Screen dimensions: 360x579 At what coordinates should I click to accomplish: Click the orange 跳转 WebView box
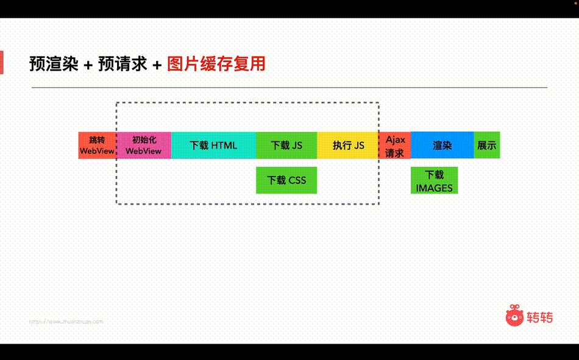pyautogui.click(x=97, y=145)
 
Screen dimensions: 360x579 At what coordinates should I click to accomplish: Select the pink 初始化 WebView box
pyautogui.click(x=144, y=145)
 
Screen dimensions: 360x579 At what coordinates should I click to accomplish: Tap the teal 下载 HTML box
pyautogui.click(x=213, y=145)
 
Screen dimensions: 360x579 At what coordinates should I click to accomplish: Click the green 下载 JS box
pyautogui.click(x=286, y=145)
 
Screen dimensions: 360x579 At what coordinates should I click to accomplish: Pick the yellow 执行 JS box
pyautogui.click(x=348, y=145)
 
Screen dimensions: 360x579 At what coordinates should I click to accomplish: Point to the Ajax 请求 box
pyautogui.click(x=395, y=146)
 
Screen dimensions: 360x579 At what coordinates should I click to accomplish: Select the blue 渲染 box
pyautogui.click(x=442, y=145)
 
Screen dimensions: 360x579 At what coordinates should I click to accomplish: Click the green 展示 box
pyautogui.click(x=486, y=145)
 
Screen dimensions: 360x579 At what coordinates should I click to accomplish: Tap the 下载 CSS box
pyautogui.click(x=286, y=180)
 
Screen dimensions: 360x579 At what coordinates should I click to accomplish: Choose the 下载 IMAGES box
pyautogui.click(x=434, y=181)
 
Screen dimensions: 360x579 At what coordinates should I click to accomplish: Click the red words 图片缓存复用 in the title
pyautogui.click(x=216, y=64)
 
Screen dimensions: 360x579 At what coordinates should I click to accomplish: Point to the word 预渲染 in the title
pyautogui.click(x=54, y=64)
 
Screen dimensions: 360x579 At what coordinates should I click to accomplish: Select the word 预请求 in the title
pyautogui.click(x=123, y=64)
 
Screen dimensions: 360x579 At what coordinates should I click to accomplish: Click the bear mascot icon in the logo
pyautogui.click(x=515, y=316)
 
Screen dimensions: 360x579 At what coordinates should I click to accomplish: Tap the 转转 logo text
pyautogui.click(x=539, y=317)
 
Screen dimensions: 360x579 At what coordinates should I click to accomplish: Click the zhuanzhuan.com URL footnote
pyautogui.click(x=66, y=322)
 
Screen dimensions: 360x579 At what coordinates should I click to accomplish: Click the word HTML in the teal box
pyautogui.click(x=224, y=145)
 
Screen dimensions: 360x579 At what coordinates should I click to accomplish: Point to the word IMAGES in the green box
pyautogui.click(x=434, y=188)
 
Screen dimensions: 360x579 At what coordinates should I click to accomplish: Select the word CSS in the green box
pyautogui.click(x=297, y=180)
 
